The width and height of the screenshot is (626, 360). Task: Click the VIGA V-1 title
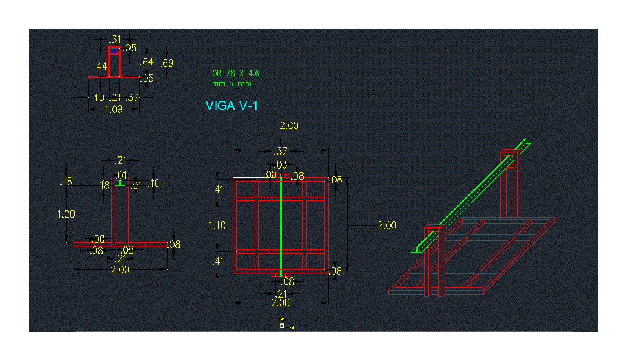tap(232, 106)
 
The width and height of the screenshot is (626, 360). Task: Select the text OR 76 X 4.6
tap(236, 73)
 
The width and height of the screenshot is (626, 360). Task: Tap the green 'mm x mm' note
tap(231, 83)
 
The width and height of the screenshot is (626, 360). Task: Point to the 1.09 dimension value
tap(114, 109)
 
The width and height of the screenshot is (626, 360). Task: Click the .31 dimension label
tap(115, 40)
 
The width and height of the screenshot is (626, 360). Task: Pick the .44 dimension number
tap(101, 66)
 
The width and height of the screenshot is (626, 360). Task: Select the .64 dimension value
tap(147, 62)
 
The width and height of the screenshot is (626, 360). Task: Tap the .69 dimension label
tap(166, 63)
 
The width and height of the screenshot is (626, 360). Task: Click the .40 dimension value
tap(96, 97)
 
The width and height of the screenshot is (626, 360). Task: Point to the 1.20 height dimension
tap(65, 215)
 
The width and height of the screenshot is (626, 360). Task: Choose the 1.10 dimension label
tap(217, 226)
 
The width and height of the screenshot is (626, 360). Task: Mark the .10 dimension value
tap(154, 183)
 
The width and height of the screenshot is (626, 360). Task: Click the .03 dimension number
tap(281, 164)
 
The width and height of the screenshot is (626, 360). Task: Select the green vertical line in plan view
tap(280, 226)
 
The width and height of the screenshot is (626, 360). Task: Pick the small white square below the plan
tap(282, 326)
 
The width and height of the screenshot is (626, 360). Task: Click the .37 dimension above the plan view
tap(281, 151)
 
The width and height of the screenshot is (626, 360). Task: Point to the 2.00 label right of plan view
tap(387, 226)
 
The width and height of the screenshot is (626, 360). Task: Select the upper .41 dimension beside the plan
tap(217, 190)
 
